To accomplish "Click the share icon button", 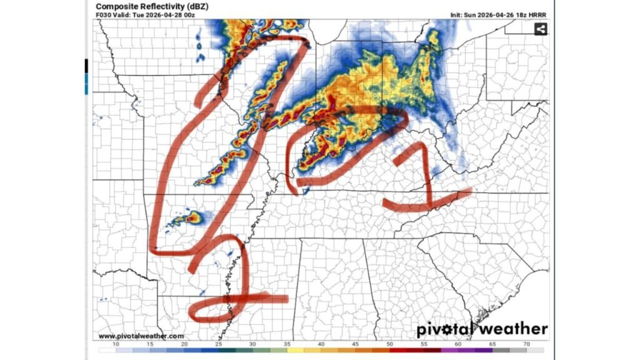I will pos(541,29).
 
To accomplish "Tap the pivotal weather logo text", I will pos(482,329).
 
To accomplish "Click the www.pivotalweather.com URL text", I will pos(141,336).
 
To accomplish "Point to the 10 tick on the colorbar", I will pos(116,344).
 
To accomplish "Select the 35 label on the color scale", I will pos(286,344).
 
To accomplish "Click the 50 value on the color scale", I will pos(389,344).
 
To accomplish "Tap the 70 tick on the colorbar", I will pos(526,344).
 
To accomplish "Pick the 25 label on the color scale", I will pos(218,344).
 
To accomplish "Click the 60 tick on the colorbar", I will pos(457,344).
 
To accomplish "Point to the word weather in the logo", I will pos(517,329).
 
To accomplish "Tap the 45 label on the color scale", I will pos(355,344).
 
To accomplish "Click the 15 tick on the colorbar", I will pos(150,344).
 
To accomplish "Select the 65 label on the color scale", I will pos(492,344).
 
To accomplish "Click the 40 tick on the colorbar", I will pos(321,344).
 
